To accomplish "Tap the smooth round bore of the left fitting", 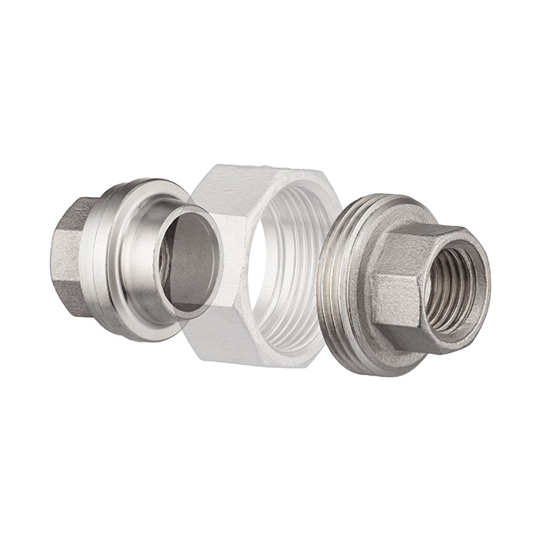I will tap(189, 259).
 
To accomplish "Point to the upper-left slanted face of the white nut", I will tap(207, 193).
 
